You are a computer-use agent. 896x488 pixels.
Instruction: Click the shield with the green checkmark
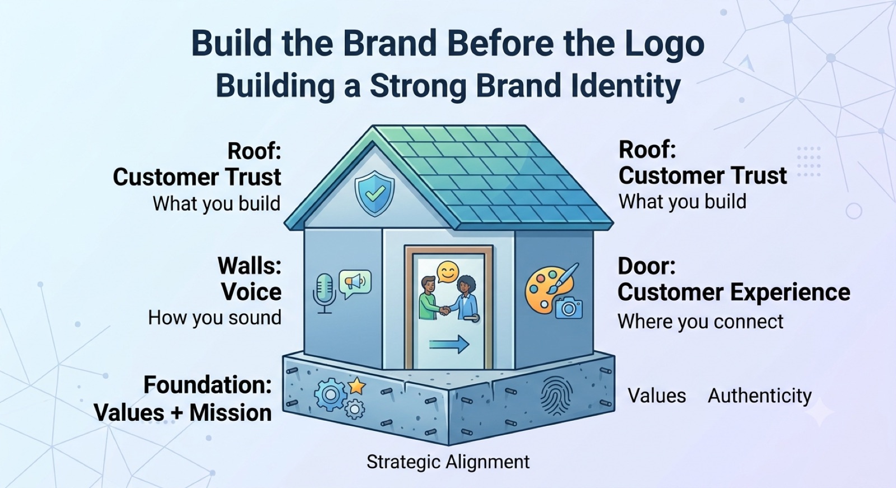375,194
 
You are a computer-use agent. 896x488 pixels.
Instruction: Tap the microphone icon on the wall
324,293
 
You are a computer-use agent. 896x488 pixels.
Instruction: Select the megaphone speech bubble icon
355,284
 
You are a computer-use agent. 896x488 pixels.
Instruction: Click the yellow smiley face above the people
447,272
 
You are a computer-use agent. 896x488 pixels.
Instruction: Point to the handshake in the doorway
444,310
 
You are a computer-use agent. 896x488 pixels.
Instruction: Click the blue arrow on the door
449,344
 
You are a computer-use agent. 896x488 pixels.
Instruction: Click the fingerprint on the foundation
557,396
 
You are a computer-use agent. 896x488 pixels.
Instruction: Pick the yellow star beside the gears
357,386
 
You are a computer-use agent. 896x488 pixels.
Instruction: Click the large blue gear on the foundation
330,395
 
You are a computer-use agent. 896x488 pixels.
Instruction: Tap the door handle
472,318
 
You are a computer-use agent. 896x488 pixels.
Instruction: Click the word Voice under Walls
251,292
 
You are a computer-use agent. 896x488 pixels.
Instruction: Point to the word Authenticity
759,396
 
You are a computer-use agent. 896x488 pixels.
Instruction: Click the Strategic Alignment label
448,462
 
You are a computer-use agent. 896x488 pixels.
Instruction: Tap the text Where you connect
701,322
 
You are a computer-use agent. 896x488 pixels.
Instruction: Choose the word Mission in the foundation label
230,412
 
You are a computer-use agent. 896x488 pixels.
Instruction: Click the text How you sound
215,318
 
